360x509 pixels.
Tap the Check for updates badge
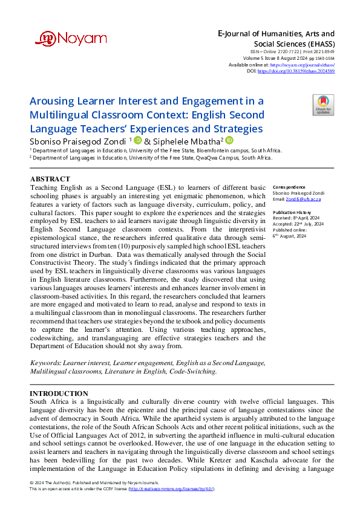tap(323, 105)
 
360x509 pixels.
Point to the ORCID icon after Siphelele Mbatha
tap(229, 140)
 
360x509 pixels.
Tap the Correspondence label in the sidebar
tap(288, 187)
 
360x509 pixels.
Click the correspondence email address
tap(304, 198)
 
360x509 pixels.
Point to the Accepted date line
tap(298, 224)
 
